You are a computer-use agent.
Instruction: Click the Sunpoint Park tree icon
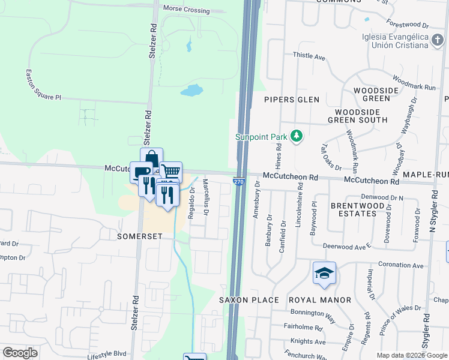click(x=295, y=137)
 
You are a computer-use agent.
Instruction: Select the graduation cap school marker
click(x=324, y=273)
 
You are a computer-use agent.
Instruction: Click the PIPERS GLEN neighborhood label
click(x=292, y=100)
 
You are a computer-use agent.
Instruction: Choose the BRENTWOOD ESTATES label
click(x=357, y=209)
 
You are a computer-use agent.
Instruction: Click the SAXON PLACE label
click(x=249, y=300)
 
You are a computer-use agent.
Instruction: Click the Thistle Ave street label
click(x=309, y=57)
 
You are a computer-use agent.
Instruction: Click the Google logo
click(x=20, y=353)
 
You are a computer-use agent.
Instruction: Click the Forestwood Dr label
click(x=408, y=26)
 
